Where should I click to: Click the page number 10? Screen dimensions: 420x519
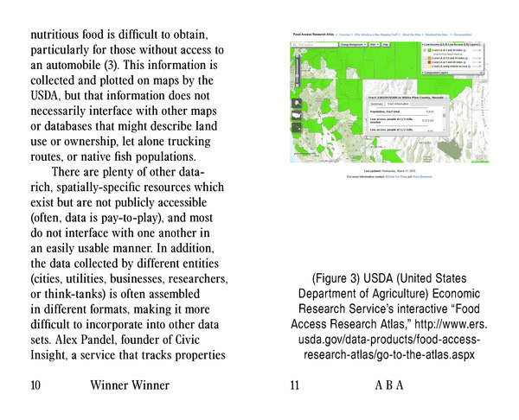point(36,385)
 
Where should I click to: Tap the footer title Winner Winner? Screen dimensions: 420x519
point(129,385)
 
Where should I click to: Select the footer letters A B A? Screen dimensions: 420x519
point(388,385)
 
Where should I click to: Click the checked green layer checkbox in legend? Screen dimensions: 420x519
point(426,49)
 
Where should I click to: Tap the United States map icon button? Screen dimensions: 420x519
point(298,104)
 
